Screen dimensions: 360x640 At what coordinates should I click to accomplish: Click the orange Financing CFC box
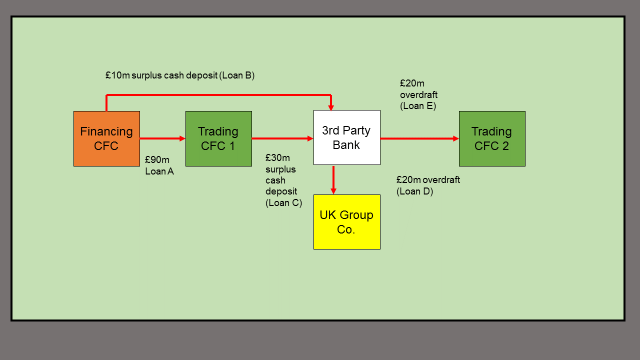[106, 138]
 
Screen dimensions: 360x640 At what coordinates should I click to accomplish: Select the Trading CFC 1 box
[218, 138]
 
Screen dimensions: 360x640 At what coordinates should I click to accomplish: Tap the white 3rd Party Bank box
[346, 137]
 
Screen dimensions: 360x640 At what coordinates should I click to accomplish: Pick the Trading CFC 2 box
[492, 138]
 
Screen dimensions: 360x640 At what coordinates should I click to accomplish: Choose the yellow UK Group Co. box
[346, 222]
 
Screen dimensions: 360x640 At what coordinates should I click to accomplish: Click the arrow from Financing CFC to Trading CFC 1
[162, 138]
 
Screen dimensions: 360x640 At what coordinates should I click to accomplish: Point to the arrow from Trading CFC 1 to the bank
[282, 138]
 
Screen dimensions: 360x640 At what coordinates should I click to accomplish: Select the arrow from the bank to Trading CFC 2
[419, 138]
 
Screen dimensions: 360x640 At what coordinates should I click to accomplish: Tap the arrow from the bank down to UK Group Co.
[333, 179]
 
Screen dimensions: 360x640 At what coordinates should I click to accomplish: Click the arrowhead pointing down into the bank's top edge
[331, 107]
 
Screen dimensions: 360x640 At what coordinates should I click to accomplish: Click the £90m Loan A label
[159, 165]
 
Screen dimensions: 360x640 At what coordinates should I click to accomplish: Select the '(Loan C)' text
[283, 202]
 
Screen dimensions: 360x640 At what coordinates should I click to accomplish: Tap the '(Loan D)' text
[414, 191]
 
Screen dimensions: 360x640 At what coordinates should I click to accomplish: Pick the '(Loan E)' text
[418, 106]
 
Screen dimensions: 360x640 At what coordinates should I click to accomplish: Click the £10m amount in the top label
[117, 75]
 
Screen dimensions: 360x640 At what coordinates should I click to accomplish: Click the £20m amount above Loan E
[412, 83]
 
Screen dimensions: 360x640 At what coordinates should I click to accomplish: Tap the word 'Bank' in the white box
[346, 145]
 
